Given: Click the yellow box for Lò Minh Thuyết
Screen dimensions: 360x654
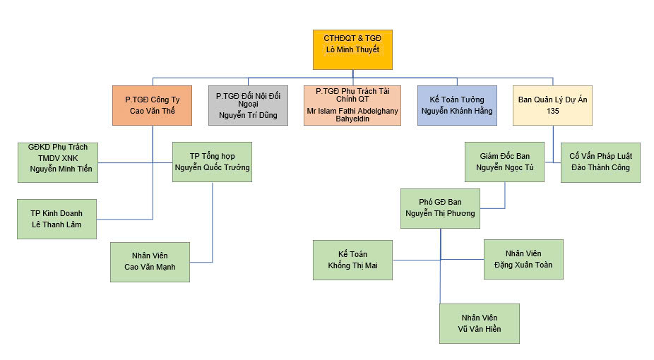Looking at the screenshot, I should click(x=352, y=49).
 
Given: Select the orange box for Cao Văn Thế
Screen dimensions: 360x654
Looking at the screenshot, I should click(x=153, y=105).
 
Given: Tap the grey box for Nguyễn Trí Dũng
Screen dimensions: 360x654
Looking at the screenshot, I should click(x=248, y=105).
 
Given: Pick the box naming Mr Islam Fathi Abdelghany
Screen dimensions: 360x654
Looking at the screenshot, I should click(x=352, y=105).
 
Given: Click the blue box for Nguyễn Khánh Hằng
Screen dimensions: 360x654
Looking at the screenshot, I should click(x=456, y=105).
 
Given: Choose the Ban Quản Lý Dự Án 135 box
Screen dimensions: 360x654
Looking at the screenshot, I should click(x=552, y=105).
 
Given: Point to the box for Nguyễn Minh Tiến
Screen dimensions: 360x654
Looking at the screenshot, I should click(x=58, y=162).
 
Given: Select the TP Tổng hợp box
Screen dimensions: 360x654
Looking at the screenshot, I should click(x=212, y=162).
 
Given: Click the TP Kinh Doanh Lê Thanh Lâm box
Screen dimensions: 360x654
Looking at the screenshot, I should click(x=57, y=219).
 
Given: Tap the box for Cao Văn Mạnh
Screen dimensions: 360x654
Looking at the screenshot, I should click(x=150, y=262).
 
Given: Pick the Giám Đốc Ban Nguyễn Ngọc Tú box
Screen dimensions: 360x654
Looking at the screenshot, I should click(x=504, y=162).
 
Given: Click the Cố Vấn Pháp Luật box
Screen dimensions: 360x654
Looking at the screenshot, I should click(x=600, y=162).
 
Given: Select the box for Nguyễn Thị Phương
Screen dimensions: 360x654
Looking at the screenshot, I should click(x=440, y=208).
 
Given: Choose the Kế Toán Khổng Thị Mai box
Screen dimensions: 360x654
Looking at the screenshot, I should click(x=352, y=260).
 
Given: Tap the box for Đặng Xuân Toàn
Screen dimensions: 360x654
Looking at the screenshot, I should click(x=523, y=259).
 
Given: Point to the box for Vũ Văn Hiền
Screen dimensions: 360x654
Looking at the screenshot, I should click(x=480, y=323).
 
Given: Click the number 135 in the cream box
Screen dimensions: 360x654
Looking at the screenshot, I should click(x=552, y=112).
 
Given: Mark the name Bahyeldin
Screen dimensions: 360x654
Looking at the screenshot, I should click(x=352, y=119).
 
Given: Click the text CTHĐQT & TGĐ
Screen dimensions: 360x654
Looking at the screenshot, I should click(x=352, y=39).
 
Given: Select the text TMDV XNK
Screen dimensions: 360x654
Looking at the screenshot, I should click(x=58, y=157).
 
